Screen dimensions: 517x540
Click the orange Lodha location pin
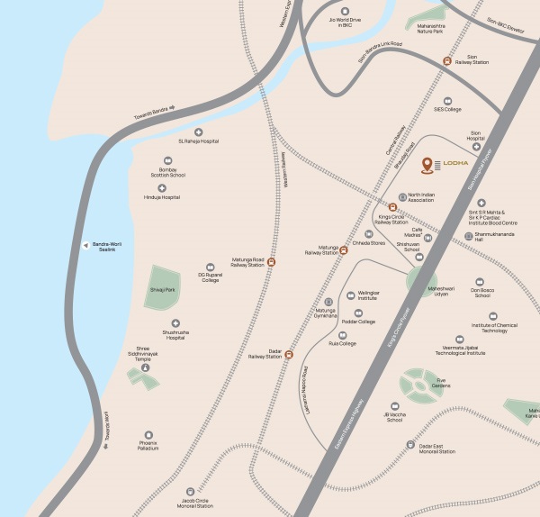[427, 165]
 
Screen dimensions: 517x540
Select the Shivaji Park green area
[163, 286]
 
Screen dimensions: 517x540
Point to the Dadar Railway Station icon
[289, 355]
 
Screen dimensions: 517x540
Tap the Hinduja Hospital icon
[162, 188]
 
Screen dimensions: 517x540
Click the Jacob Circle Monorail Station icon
[190, 492]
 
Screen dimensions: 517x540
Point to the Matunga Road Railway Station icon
[271, 263]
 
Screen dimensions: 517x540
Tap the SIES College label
[447, 109]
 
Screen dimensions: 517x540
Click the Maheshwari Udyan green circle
[420, 280]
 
